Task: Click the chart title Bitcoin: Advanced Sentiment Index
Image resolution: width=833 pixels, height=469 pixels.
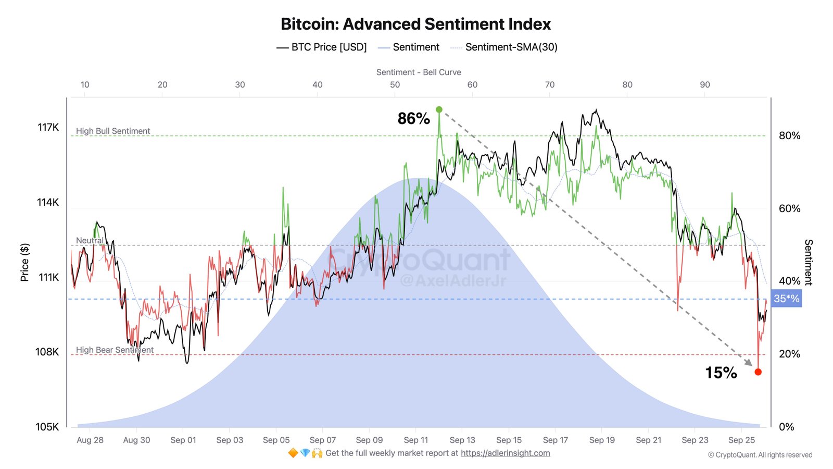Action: coord(415,24)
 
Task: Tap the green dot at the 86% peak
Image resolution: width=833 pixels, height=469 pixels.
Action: coord(439,109)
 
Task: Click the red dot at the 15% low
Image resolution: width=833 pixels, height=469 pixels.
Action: coord(758,372)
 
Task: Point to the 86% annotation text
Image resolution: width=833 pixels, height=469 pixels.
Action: coord(413,119)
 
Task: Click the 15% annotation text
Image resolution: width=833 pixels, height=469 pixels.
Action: coord(721,373)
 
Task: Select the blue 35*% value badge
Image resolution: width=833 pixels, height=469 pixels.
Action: coord(786,299)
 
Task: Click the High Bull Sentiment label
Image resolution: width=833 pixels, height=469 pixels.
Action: coord(113,131)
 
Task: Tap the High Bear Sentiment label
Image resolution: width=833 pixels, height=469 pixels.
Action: coord(115,350)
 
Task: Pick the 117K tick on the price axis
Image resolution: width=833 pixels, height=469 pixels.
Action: coord(48,127)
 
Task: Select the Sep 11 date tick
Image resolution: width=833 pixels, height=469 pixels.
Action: coord(415,440)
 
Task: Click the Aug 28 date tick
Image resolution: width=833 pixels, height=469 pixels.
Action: coord(90,440)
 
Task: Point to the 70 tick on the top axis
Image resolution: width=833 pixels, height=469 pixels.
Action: coord(550,84)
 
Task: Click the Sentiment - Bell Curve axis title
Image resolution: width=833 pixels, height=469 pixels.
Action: coord(419,72)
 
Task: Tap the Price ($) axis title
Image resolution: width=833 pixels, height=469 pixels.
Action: coord(24,262)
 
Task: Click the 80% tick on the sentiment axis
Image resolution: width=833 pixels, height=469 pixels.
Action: coord(789,135)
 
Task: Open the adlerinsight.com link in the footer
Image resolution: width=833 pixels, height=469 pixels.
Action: coord(505,453)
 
